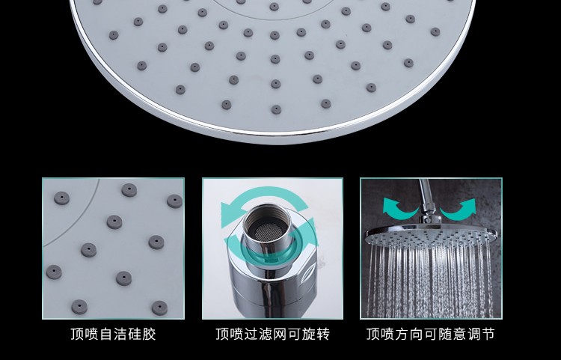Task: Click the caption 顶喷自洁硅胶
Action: (113, 335)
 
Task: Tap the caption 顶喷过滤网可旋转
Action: (272, 335)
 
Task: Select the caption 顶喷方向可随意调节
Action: (430, 335)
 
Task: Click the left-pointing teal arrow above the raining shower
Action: (399, 209)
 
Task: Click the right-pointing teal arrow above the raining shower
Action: (459, 210)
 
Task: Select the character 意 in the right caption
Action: (459, 335)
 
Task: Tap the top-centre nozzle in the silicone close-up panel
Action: (129, 190)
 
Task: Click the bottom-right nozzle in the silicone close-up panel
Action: (159, 308)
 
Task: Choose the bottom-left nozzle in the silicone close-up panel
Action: (79, 307)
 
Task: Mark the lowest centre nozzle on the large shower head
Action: (276, 109)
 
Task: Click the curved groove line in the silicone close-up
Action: (79, 221)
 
